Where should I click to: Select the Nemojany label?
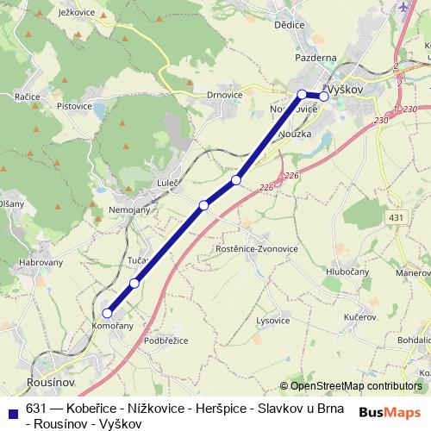(131, 209)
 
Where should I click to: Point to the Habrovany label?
(37, 263)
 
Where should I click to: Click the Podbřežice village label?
(165, 340)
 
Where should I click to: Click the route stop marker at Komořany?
(108, 313)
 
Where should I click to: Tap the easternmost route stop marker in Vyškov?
(324, 96)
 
